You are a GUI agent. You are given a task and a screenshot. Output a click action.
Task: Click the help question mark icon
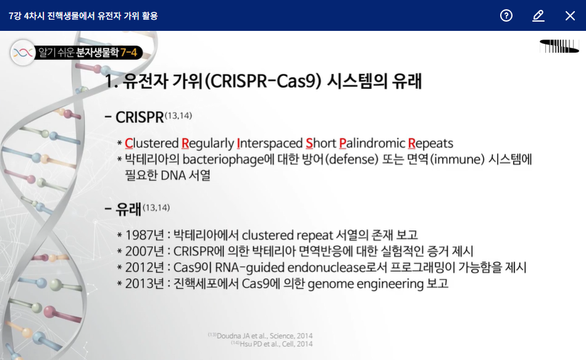(506, 15)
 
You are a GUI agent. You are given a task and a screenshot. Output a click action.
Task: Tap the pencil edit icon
(538, 15)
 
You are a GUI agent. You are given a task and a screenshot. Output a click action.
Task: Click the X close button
(570, 15)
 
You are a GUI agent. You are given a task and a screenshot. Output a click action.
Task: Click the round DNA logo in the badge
(23, 52)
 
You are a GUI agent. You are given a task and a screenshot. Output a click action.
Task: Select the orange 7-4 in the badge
(128, 52)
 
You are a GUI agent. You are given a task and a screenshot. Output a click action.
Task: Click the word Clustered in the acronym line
(152, 143)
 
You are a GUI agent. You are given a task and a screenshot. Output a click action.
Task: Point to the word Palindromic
(372, 143)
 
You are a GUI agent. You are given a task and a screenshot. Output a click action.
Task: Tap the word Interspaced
(269, 143)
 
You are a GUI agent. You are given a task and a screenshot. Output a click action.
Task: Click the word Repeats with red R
(430, 143)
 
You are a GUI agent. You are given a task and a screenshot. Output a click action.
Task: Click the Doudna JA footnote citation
(261, 336)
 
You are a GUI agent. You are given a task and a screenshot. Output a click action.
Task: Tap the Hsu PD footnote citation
(272, 344)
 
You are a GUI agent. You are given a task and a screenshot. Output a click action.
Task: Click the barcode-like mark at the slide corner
(559, 46)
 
